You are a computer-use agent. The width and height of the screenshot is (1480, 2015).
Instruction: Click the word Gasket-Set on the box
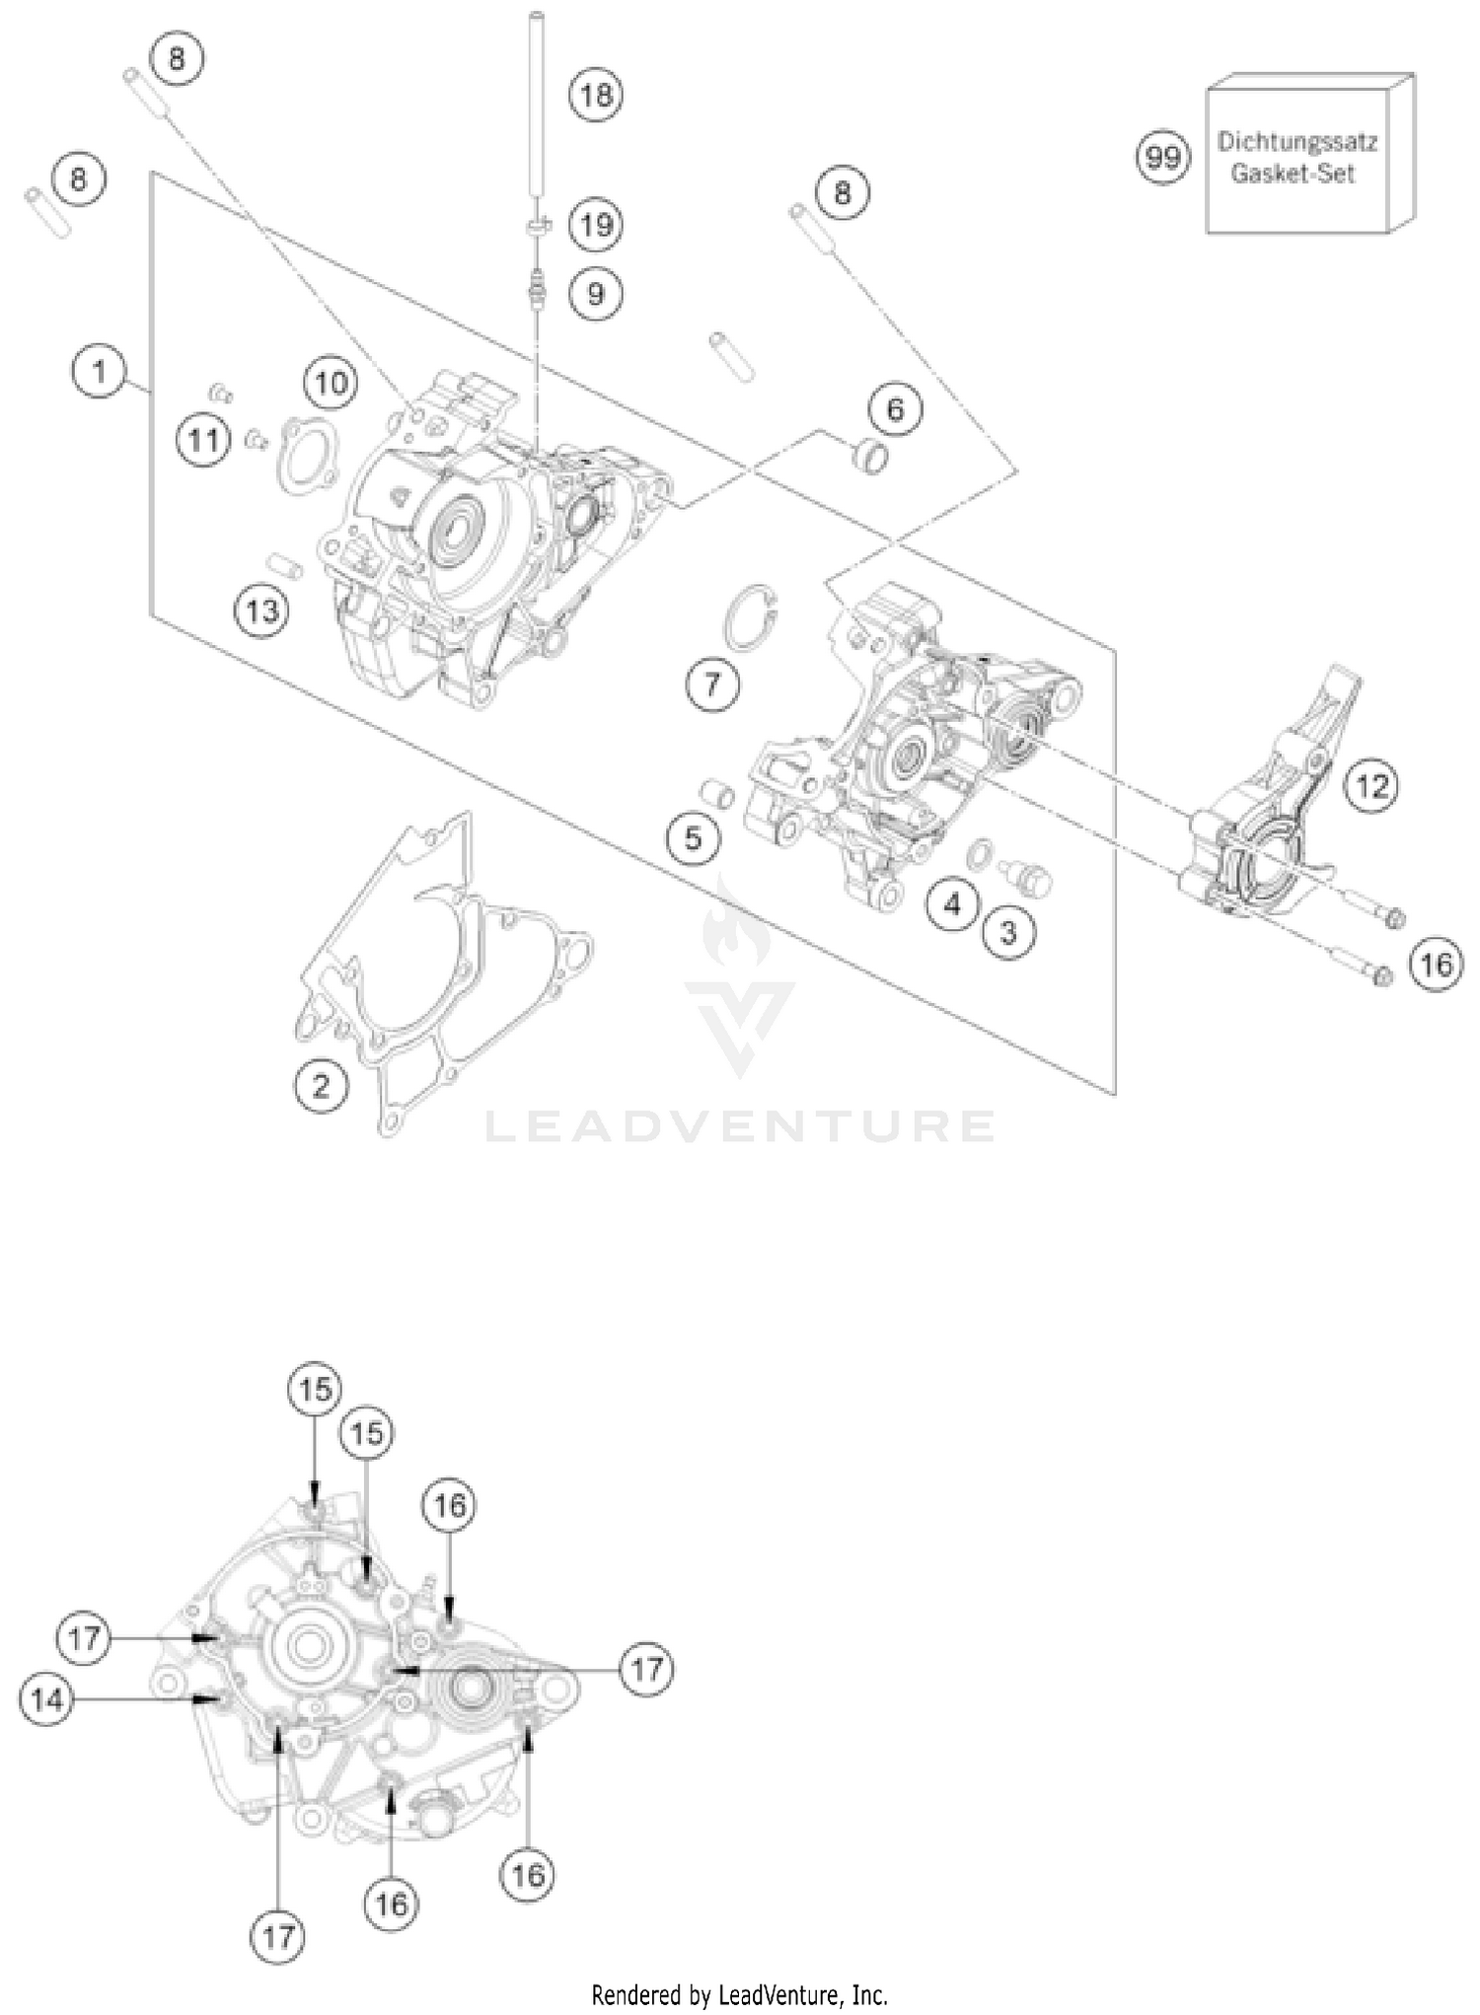pos(1293,174)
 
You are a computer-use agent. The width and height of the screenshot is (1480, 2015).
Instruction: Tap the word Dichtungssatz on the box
pos(1296,141)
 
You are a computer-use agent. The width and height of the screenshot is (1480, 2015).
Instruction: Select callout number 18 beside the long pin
pos(596,96)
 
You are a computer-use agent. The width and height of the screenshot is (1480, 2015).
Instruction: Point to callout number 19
pos(596,225)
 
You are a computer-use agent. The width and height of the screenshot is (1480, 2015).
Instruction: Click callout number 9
pos(596,293)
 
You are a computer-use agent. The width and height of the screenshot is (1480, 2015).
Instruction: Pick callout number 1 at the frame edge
pos(99,372)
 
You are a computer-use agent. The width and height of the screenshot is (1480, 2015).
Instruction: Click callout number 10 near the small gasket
pos(331,382)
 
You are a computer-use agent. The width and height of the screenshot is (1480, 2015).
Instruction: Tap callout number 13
pos(262,612)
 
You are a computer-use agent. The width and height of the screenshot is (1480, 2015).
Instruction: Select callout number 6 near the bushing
pos(895,408)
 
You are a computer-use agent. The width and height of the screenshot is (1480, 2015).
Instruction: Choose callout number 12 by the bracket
pos(1372,786)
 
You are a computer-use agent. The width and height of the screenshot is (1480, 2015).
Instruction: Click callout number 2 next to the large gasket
pos(321,1086)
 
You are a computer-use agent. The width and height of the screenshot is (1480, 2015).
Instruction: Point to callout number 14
pos(46,1698)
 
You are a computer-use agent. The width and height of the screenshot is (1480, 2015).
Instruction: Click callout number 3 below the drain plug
pos(1008,932)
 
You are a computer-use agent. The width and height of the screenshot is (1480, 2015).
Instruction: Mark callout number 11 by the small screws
pos(204,439)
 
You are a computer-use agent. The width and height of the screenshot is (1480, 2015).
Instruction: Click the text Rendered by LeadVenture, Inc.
pos(739,1995)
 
